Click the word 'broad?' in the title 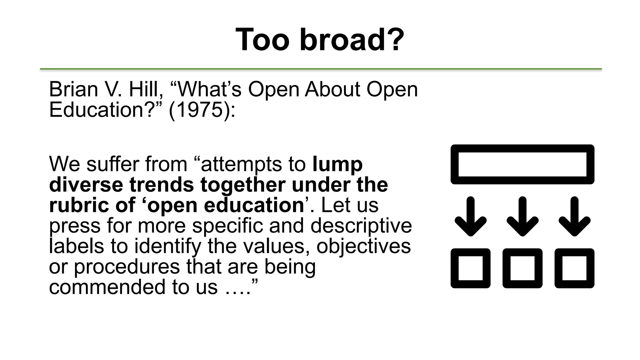[x=352, y=40]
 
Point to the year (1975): [x=202, y=110]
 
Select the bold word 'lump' [x=337, y=164]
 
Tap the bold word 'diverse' [x=86, y=185]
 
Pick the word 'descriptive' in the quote [x=361, y=226]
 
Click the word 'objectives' [x=363, y=246]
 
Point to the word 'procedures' [x=127, y=267]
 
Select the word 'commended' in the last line [x=108, y=287]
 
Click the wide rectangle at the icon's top [x=522, y=164]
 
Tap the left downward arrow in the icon [x=470, y=216]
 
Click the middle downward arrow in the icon [x=522, y=216]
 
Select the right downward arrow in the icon [x=574, y=216]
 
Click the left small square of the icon [x=470, y=268]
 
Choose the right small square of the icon [x=574, y=268]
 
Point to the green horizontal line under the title [x=321, y=69]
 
